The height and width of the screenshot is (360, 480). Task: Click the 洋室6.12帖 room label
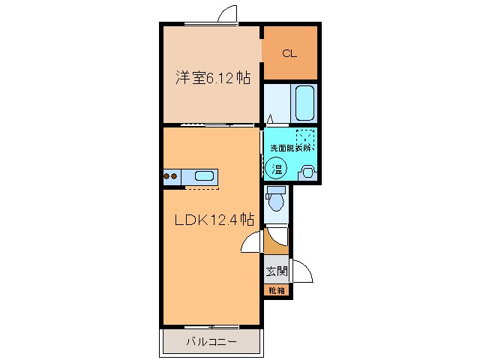[x=214, y=77]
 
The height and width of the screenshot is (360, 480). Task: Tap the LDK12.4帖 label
[x=214, y=220]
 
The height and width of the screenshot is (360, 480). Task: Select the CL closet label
[x=289, y=53]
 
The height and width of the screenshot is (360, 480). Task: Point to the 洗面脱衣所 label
[x=290, y=148]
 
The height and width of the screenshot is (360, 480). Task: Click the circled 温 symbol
[x=276, y=169]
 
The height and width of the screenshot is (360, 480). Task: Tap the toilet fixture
[x=276, y=201]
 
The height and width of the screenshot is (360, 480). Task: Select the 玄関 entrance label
[x=276, y=271]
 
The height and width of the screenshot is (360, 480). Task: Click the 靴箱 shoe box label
[x=276, y=289]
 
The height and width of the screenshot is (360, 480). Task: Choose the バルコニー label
[x=211, y=343]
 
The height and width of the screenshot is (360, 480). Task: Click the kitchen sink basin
[x=205, y=177]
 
